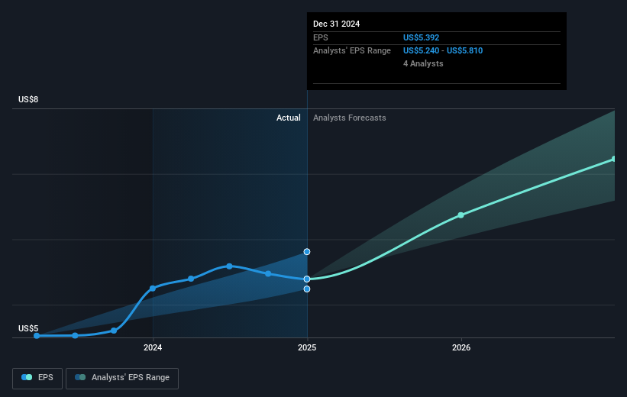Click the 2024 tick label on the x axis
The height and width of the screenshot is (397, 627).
[153, 347]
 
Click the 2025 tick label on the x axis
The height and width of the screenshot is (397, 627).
[307, 347]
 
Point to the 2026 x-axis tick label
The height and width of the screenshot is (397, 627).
[461, 347]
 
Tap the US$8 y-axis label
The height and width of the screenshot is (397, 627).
[28, 100]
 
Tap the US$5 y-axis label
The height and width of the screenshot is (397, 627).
[28, 328]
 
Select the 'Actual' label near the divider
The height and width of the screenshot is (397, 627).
[289, 118]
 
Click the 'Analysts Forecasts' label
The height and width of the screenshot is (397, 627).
[349, 118]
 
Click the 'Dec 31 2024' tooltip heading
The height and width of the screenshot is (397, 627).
[336, 24]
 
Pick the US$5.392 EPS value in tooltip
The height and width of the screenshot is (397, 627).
[422, 37]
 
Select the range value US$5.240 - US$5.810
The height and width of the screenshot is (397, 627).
[443, 50]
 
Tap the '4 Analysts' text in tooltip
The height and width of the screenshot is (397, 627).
[423, 63]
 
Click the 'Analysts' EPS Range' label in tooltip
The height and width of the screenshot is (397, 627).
[351, 50]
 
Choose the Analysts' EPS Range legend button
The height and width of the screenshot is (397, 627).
[122, 377]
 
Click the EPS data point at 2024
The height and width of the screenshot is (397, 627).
[153, 288]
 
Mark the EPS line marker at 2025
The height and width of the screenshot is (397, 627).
[307, 279]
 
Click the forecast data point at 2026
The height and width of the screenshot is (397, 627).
[461, 215]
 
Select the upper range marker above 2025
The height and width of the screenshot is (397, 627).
[307, 251]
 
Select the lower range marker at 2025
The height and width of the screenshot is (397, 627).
[307, 289]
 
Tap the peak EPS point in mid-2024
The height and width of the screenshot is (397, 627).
[229, 266]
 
